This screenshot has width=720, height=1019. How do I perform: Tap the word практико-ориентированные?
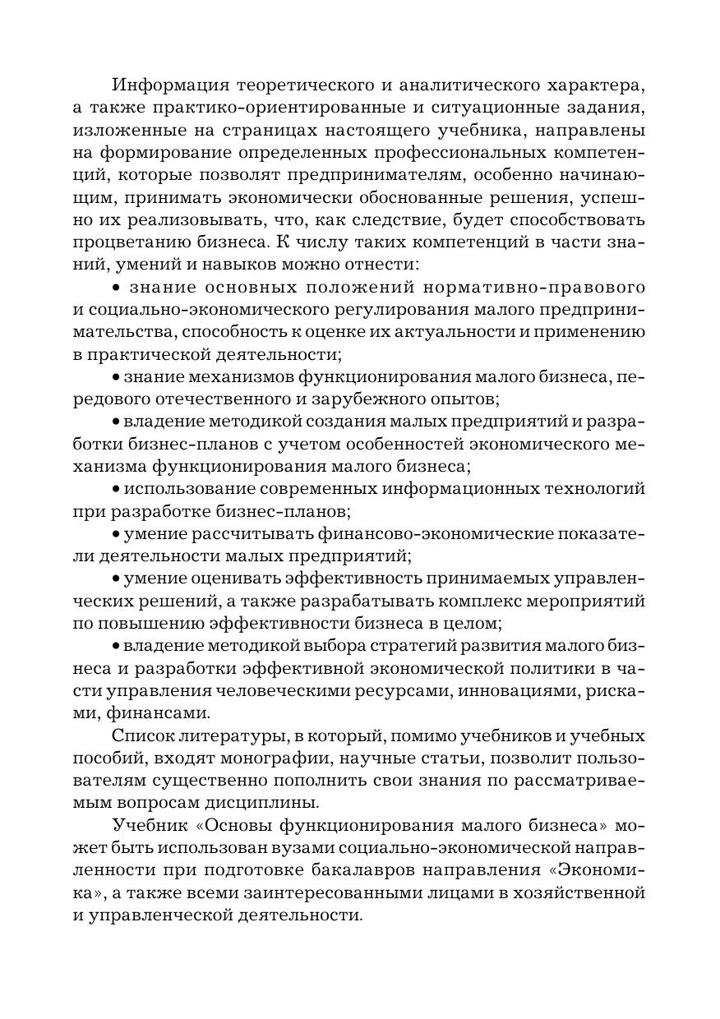[x=293, y=108]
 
